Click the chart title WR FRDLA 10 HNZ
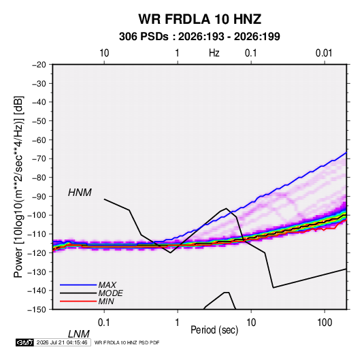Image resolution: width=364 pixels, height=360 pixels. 199,19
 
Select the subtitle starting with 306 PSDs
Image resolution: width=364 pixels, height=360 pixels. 199,37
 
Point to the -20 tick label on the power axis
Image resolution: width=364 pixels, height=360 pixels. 39,65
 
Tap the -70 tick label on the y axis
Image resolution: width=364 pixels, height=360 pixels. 39,159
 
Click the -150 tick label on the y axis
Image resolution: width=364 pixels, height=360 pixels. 37,310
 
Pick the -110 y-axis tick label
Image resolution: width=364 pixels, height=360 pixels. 37,234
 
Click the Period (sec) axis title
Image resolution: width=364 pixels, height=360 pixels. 214,330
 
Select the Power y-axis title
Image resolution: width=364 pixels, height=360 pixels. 18,186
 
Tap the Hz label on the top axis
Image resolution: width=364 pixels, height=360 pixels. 214,53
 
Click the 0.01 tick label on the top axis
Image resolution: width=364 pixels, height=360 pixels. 324,53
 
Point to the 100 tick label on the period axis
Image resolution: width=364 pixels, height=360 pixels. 325,323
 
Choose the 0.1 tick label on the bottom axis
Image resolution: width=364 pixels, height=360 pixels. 104,323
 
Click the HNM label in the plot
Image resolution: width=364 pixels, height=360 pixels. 80,193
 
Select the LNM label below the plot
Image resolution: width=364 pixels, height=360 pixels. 79,334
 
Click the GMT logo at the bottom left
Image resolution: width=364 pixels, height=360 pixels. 25,342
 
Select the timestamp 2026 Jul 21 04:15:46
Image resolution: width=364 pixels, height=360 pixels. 62,342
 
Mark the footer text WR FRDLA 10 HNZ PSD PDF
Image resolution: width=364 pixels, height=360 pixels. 127,342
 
